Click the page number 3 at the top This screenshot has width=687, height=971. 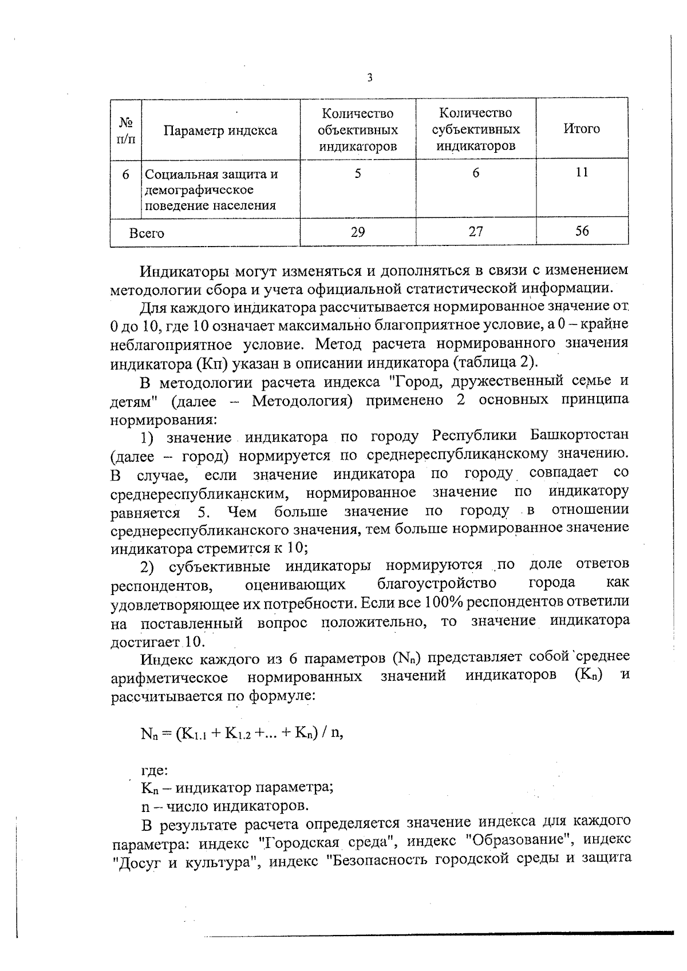click(x=370, y=78)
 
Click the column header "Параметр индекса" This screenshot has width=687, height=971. click(x=220, y=130)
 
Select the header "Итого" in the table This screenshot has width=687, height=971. click(x=582, y=129)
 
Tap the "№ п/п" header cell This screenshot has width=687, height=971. click(x=126, y=130)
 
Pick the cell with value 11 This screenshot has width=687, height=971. click(x=582, y=172)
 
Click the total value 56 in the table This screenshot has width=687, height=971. click(x=582, y=231)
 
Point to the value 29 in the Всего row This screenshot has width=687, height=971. click(x=358, y=232)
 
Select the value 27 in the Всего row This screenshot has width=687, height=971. click(x=476, y=231)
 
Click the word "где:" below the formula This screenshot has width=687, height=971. click(x=154, y=770)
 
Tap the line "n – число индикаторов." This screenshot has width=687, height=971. click(x=225, y=807)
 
